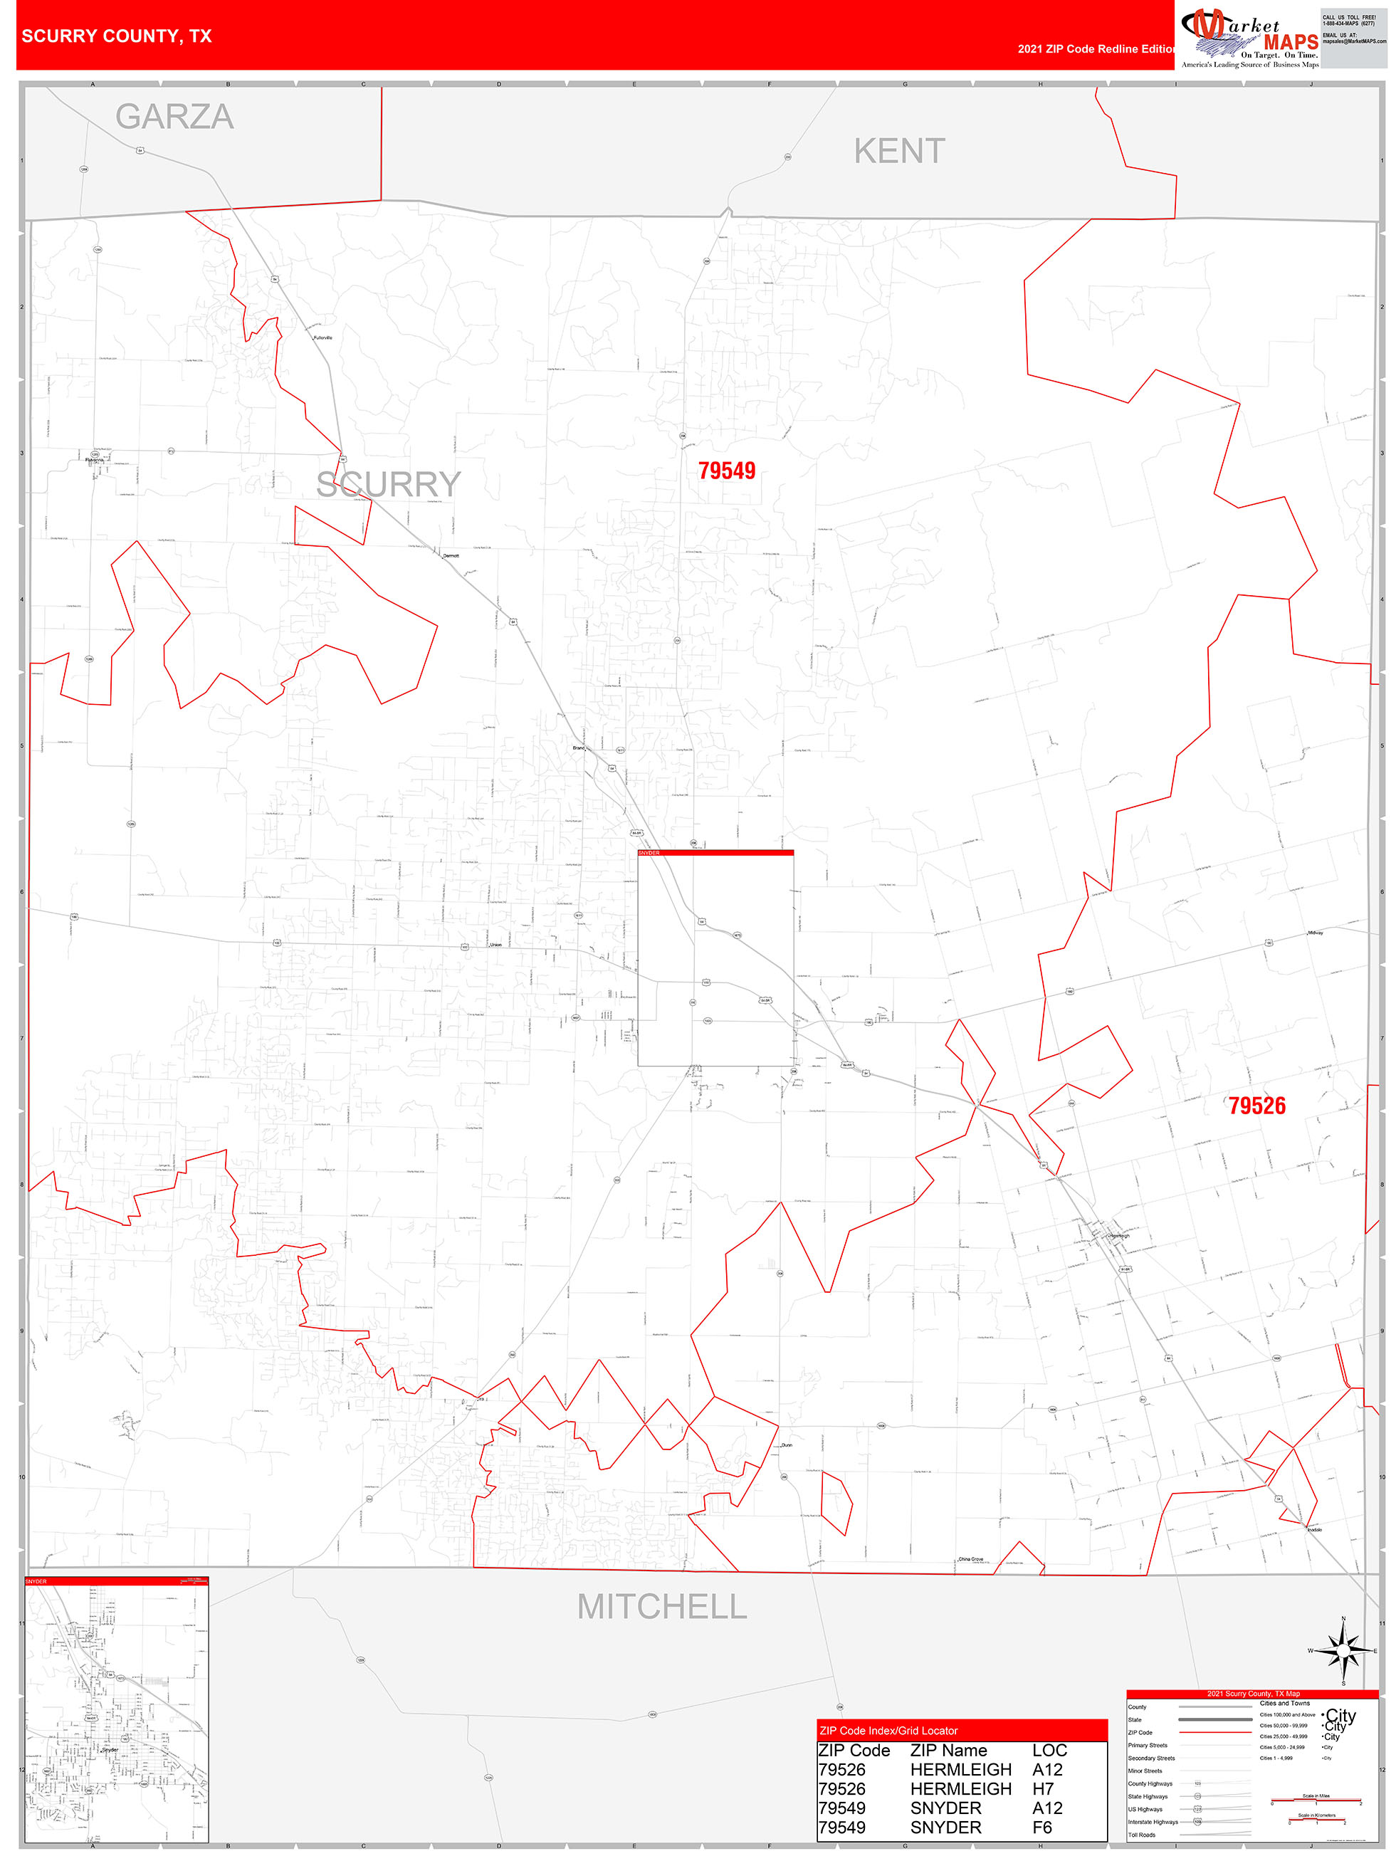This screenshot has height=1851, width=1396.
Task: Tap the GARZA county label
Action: click(174, 117)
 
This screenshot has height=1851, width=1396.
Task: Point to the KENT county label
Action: click(899, 152)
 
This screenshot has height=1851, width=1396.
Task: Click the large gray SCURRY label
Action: click(389, 485)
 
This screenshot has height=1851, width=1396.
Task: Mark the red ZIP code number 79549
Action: click(726, 471)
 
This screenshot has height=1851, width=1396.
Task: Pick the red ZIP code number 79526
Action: click(1256, 1106)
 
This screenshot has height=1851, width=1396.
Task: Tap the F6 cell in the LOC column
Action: click(1042, 1828)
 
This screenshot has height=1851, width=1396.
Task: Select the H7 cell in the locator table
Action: click(1043, 1789)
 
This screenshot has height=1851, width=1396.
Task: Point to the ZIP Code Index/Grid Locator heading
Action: click(888, 1731)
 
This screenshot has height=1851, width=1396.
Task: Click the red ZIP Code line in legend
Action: click(1214, 1732)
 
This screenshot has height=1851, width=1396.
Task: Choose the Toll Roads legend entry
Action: click(1142, 1834)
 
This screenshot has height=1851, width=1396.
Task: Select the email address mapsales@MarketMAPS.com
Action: click(1354, 41)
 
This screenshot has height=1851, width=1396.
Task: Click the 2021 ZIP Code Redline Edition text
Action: click(1096, 49)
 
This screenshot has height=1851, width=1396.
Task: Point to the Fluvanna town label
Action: click(95, 460)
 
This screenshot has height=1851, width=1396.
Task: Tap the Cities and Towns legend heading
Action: click(1285, 1703)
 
